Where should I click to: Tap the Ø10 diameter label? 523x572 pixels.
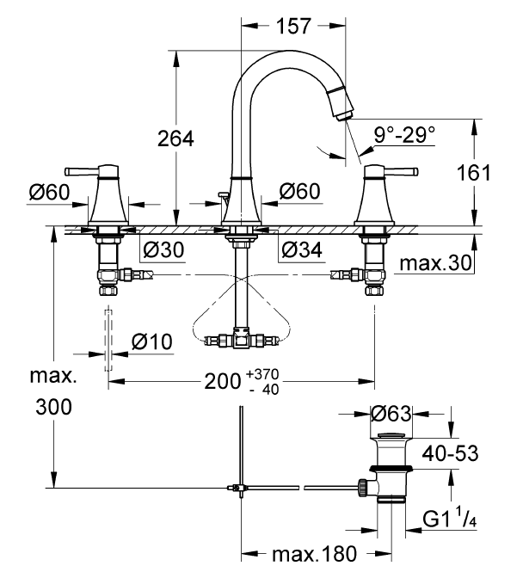151,341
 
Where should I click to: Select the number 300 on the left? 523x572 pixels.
53,407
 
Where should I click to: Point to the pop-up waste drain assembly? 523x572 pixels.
392,469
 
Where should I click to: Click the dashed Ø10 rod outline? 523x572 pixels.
108,339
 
